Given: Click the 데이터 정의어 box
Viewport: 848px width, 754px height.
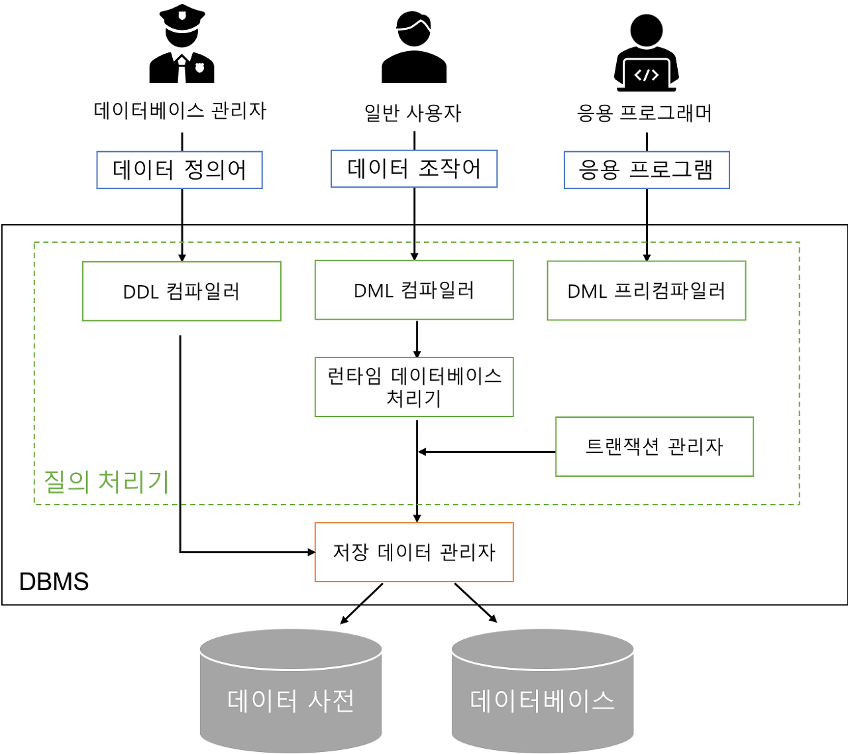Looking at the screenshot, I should tap(180, 170).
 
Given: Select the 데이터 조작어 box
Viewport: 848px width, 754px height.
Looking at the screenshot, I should tap(413, 168).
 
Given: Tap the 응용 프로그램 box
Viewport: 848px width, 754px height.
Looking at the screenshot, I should tap(647, 170).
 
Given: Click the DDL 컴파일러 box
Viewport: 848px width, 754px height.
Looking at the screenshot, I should tap(182, 291).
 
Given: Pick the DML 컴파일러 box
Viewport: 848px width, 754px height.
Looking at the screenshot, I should tap(414, 290).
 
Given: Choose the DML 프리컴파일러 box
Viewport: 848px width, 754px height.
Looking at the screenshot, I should tap(647, 290).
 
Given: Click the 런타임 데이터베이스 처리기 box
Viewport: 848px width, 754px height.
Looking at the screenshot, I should tap(414, 387).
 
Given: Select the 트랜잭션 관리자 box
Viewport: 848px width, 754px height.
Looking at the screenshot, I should tap(655, 446).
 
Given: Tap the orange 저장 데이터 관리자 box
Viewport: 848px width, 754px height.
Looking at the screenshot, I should tap(414, 552).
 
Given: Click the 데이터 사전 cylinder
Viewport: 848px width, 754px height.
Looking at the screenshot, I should tap(291, 693).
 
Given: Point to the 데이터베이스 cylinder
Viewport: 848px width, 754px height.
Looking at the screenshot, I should tap(542, 693).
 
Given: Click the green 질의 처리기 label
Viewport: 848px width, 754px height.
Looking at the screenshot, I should tap(106, 481).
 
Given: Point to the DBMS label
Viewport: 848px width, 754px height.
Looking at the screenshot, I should tap(54, 582).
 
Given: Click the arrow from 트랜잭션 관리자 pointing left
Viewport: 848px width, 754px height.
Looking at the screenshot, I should tap(487, 452).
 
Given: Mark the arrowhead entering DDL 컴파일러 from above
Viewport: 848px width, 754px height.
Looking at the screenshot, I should tap(182, 257).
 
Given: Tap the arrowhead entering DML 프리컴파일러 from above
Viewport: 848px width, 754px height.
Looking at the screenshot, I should tap(647, 257).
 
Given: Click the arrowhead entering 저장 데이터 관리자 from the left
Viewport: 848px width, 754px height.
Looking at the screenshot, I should tap(311, 552).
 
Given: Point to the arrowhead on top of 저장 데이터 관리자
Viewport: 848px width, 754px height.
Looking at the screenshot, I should tap(417, 517).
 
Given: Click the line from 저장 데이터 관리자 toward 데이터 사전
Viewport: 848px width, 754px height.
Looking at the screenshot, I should tap(372, 594).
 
